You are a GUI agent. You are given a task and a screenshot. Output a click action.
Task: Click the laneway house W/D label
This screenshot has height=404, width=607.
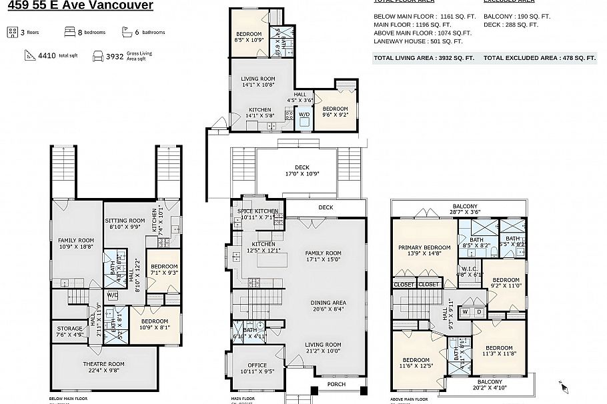[303, 114]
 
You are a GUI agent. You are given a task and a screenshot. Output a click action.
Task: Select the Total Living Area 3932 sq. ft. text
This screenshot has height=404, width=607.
[424, 58]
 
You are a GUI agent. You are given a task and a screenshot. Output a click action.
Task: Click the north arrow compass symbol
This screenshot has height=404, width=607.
[563, 386]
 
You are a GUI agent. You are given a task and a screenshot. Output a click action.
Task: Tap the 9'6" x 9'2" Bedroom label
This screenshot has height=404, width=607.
[335, 111]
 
